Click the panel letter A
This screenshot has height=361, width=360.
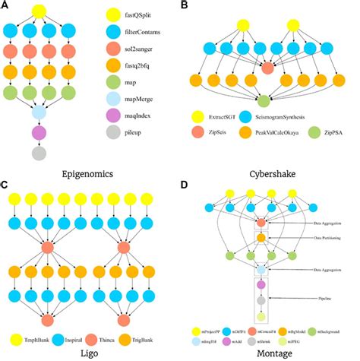coord(6,6)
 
